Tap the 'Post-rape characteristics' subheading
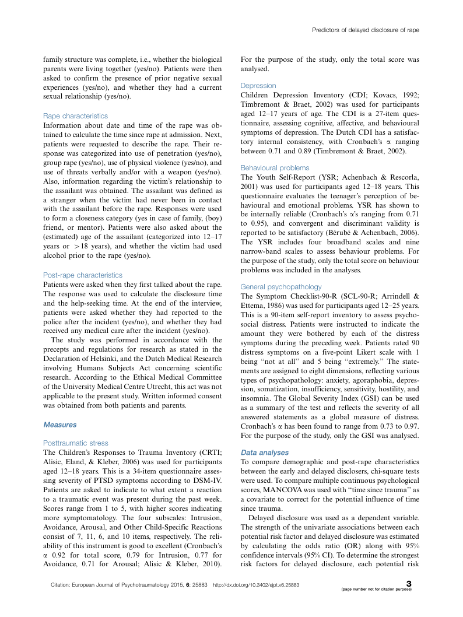(x=83, y=275)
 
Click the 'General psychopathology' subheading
(x=281, y=286)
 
